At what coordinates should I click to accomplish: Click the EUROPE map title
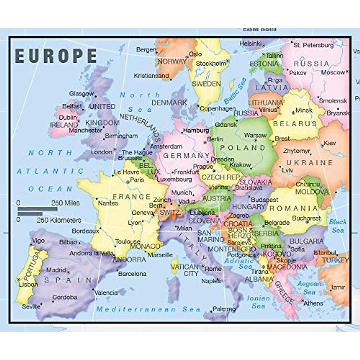click(56, 56)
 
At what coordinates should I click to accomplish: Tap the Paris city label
click(137, 180)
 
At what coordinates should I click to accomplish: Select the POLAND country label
click(243, 148)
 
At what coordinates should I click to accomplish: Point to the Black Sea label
click(338, 226)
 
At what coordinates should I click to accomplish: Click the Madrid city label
click(56, 270)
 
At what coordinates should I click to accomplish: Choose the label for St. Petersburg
click(313, 45)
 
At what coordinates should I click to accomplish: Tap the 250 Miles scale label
click(65, 203)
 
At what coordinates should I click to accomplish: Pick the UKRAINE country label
click(309, 163)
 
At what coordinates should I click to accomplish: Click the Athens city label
click(313, 303)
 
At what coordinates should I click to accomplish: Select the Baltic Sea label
click(235, 90)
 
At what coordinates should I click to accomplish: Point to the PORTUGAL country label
click(31, 265)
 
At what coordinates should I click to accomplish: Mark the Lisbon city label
click(28, 284)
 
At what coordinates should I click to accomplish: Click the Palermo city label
click(224, 309)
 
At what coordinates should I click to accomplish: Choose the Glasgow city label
click(82, 94)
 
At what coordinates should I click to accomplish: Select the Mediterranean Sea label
click(148, 309)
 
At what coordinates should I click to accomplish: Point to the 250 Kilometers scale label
click(59, 220)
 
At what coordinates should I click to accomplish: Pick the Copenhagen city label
click(218, 109)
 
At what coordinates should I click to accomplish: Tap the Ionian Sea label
click(258, 302)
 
